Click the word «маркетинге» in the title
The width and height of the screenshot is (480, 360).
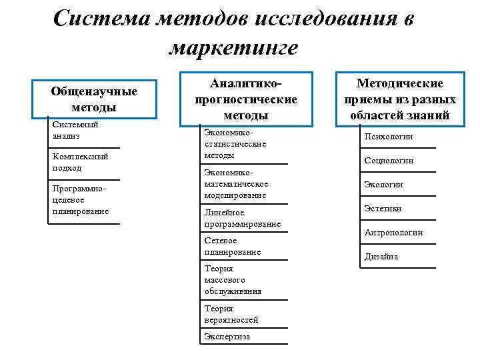[234, 48]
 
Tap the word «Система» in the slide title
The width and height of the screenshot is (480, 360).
[99, 19]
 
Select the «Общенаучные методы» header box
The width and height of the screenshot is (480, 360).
[94, 99]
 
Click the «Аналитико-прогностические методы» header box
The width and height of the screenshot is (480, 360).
[245, 99]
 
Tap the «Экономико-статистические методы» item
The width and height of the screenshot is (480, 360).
[235, 144]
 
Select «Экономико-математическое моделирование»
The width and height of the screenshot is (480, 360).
[236, 184]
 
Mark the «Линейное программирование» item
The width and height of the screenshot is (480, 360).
[243, 218]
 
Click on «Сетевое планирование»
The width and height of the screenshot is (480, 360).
[233, 246]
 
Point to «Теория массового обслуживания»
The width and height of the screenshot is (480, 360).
[233, 280]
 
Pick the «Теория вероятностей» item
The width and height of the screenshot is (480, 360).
[231, 314]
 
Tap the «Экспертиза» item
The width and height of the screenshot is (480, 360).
[227, 337]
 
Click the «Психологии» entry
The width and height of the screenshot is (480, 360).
[389, 137]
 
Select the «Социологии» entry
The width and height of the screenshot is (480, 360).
[389, 161]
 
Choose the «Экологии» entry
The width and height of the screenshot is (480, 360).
[383, 185]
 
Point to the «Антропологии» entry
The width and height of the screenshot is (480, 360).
[393, 233]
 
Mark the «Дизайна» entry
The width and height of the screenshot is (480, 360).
[381, 257]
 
